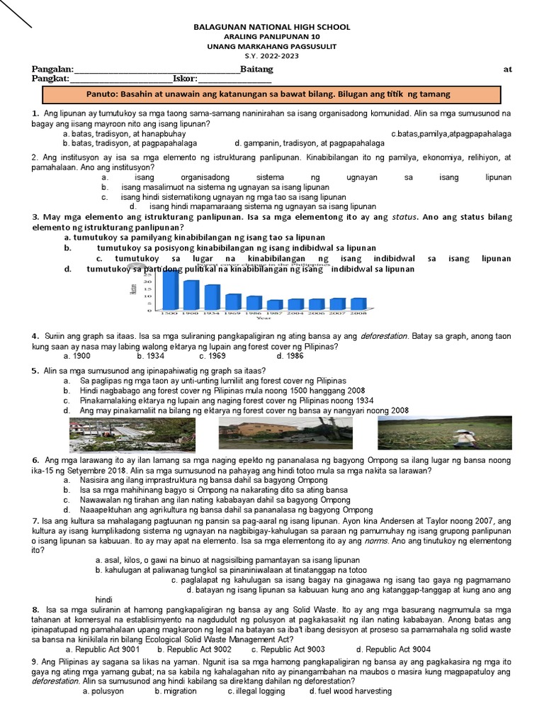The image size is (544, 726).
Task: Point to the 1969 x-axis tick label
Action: [233, 313]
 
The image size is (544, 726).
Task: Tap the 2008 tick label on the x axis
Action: [358, 313]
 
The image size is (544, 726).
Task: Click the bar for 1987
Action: [275, 304]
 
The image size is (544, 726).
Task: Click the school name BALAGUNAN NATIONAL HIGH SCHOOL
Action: [272, 27]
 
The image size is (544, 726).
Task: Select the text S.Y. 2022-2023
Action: [272, 55]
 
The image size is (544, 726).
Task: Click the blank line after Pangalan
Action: [157, 69]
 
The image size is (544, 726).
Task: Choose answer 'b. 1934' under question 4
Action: [150, 356]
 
